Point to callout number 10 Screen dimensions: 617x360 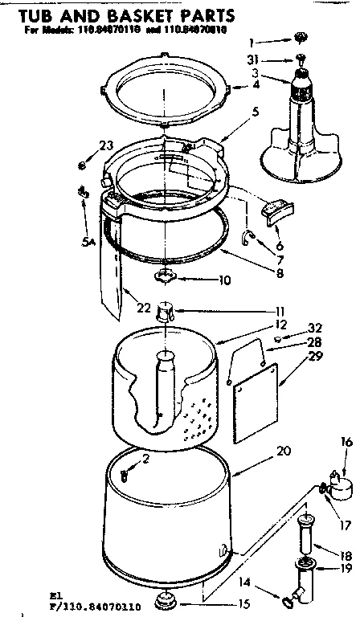pos(202,280)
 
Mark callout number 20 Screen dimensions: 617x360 pos(260,451)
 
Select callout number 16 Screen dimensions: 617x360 pos(346,441)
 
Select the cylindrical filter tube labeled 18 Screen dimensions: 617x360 pos(305,533)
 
